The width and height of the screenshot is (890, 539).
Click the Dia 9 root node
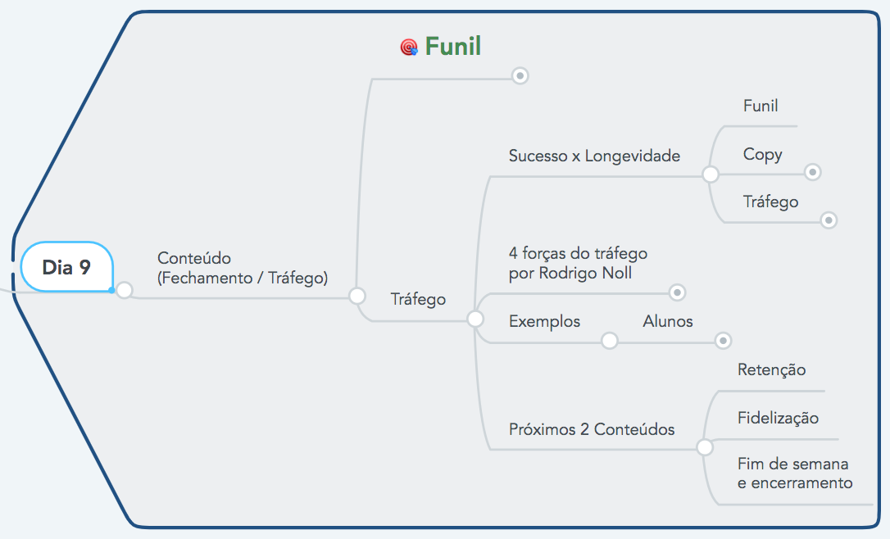pyautogui.click(x=66, y=267)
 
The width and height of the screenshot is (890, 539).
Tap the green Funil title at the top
pyautogui.click(x=453, y=47)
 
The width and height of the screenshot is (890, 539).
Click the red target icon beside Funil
pyautogui.click(x=409, y=48)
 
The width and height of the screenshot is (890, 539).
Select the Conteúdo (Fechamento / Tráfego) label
pyautogui.click(x=243, y=268)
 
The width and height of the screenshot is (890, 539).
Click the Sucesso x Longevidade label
pyautogui.click(x=594, y=156)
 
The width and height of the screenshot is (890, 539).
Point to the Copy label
pyautogui.click(x=762, y=154)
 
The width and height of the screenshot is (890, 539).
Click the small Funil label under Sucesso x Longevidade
pyautogui.click(x=761, y=106)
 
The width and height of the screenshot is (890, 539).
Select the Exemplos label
pyautogui.click(x=544, y=321)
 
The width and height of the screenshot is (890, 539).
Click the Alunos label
pyautogui.click(x=668, y=321)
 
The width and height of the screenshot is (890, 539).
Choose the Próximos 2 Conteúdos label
pyautogui.click(x=592, y=429)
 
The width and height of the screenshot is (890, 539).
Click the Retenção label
pyautogui.click(x=771, y=369)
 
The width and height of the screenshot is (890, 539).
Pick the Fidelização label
pyautogui.click(x=778, y=418)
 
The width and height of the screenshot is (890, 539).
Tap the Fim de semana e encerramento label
pyautogui.click(x=794, y=473)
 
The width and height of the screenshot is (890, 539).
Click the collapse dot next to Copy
pyautogui.click(x=812, y=172)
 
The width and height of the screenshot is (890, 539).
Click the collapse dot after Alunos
pyautogui.click(x=723, y=340)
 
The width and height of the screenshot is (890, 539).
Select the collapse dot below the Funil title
pyautogui.click(x=520, y=75)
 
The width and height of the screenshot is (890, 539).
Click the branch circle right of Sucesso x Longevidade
pyautogui.click(x=711, y=174)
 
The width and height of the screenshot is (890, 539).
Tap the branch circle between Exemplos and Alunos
pyautogui.click(x=610, y=340)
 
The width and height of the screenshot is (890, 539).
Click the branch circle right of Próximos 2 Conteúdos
pyautogui.click(x=704, y=447)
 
